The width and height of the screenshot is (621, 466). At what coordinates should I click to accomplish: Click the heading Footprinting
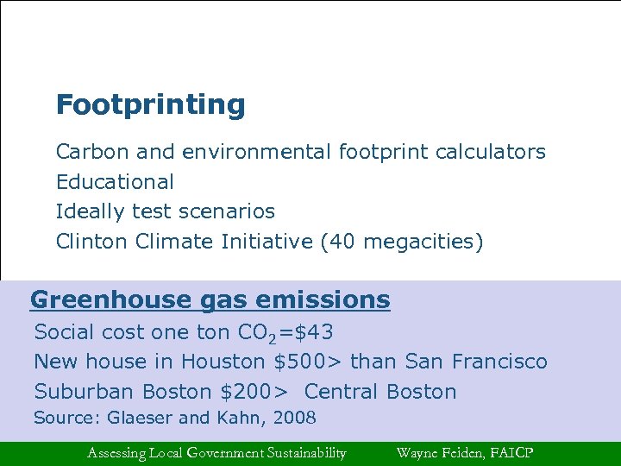(150, 105)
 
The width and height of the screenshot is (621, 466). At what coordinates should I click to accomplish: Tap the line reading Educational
(115, 182)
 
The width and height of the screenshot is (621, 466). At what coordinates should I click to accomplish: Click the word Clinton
(92, 242)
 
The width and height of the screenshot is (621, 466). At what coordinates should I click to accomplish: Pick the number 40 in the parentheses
(343, 242)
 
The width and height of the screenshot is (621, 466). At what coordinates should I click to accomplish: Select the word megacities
(417, 242)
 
